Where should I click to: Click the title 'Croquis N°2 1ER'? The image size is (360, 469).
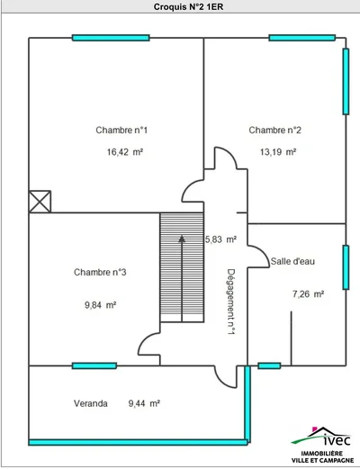point(188,7)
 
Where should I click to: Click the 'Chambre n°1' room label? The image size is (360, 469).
point(121,131)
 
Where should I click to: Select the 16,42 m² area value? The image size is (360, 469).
point(125,152)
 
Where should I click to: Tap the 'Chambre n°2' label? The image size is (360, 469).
point(274,131)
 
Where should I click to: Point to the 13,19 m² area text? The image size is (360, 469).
point(278,152)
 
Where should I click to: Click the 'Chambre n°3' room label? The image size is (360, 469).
point(100,272)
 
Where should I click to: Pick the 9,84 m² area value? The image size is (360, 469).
point(100,305)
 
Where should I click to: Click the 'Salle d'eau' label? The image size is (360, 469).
point(292,261)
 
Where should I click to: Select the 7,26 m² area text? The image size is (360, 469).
point(308,294)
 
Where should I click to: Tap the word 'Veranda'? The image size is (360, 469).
point(91,403)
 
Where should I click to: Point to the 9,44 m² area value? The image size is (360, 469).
point(144,403)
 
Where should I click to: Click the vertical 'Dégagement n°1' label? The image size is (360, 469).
point(230,302)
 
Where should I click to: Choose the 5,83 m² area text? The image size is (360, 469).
point(220,239)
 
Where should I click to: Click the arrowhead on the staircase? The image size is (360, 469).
point(182,239)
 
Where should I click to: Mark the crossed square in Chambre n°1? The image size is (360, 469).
point(40,202)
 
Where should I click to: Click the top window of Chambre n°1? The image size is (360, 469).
point(111,38)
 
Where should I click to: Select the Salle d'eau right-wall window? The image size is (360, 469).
point(346,267)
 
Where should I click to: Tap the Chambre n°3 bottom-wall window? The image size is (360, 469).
point(94,365)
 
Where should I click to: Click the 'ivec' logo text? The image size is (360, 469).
point(337,440)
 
